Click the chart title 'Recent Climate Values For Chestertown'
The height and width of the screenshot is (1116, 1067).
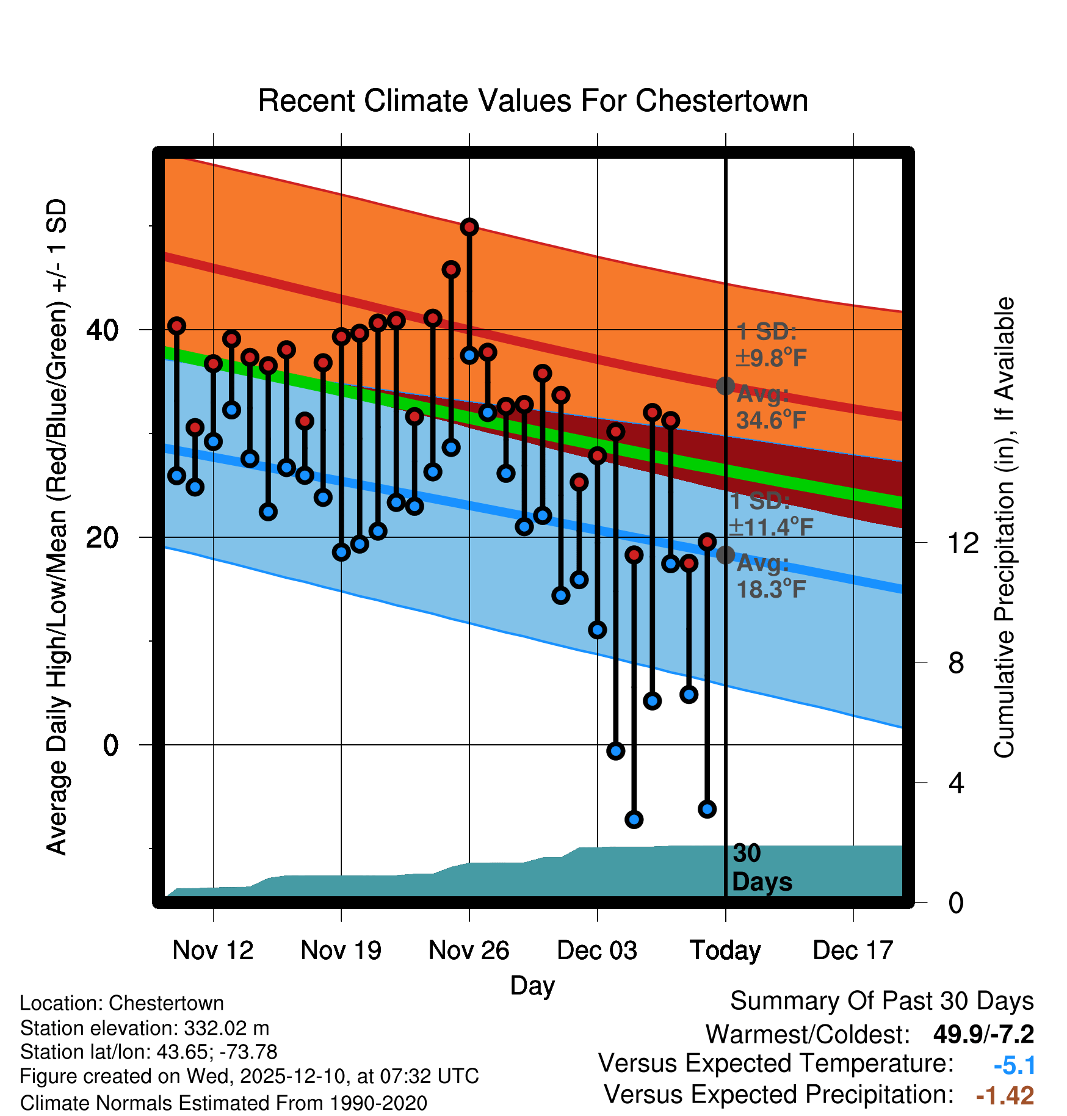click(x=533, y=101)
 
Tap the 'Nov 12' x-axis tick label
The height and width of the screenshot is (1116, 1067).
click(x=212, y=951)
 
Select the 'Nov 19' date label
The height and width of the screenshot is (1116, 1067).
click(x=341, y=951)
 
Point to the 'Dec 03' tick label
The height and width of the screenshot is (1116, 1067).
click(x=597, y=951)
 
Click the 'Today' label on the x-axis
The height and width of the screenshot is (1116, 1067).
click(x=725, y=951)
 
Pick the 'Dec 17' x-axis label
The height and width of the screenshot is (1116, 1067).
click(x=853, y=951)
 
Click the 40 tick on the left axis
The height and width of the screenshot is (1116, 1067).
click(x=102, y=330)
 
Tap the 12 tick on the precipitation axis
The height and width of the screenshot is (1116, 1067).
click(x=963, y=543)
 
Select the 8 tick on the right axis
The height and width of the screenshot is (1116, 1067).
click(x=956, y=662)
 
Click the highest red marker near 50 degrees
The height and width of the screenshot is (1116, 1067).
click(x=469, y=227)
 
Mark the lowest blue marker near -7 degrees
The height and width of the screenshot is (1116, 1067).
click(x=634, y=819)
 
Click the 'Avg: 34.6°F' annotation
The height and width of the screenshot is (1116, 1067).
click(x=770, y=407)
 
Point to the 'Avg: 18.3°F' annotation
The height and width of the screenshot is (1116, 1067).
click(x=770, y=576)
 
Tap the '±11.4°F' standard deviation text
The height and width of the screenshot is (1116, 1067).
click(x=772, y=527)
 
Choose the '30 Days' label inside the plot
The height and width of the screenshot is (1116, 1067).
click(x=761, y=868)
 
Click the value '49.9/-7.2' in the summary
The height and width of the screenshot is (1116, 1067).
click(x=983, y=1034)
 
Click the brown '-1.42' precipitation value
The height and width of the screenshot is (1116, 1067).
click(x=1005, y=1096)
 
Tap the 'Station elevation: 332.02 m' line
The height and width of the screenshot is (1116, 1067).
click(x=145, y=1028)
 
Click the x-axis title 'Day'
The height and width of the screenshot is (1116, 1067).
click(x=532, y=985)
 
